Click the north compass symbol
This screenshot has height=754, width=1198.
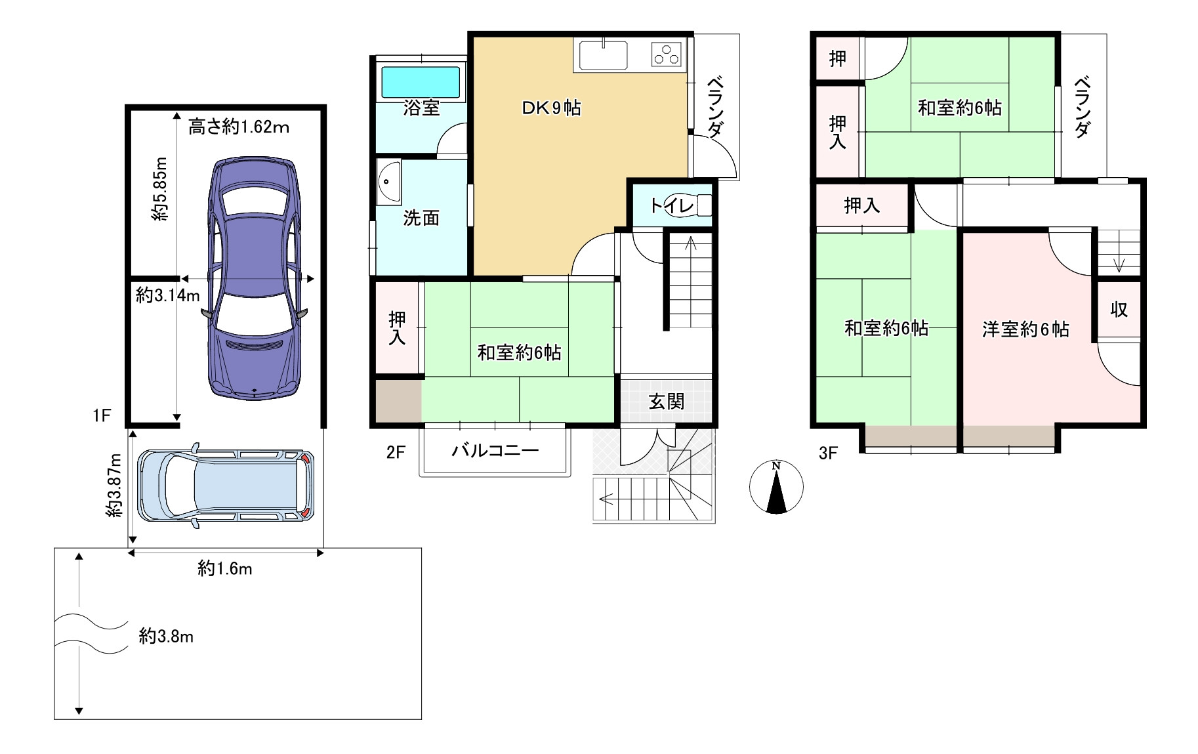[x=776, y=487]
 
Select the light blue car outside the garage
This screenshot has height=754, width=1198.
[x=226, y=486]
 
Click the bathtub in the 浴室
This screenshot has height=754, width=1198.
[x=421, y=82]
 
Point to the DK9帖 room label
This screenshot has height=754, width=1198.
[x=551, y=108]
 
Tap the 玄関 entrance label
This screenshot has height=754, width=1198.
[x=667, y=401]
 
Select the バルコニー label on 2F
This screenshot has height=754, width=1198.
[x=495, y=450]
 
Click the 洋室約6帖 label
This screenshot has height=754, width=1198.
[x=1025, y=329]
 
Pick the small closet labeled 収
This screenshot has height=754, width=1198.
[x=1119, y=309]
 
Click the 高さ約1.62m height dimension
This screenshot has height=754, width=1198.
[x=239, y=127]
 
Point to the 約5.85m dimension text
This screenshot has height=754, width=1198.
[x=159, y=188]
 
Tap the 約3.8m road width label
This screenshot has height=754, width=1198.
[x=166, y=636]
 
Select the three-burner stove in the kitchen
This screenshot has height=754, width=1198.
[x=667, y=54]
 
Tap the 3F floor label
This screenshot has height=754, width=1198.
[x=829, y=453]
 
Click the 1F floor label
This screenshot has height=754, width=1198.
[x=102, y=415]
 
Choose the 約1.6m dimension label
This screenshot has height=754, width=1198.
[x=225, y=568]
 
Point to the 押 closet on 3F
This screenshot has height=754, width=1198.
[x=838, y=59]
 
